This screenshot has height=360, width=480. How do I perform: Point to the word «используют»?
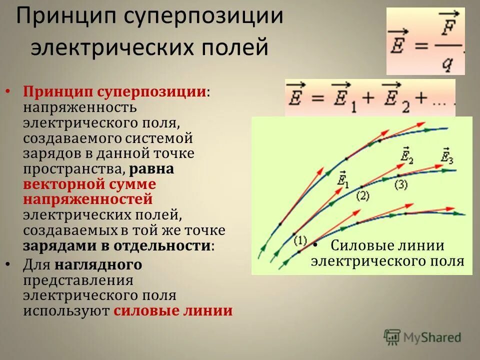[x=66, y=310]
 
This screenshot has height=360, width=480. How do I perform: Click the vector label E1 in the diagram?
[x=343, y=179]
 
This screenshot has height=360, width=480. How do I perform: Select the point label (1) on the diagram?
[x=300, y=240]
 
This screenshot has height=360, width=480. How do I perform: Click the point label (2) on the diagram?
[x=362, y=196]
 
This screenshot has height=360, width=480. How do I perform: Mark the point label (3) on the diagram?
[x=401, y=184]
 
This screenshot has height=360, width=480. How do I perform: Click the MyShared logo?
[x=422, y=337]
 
